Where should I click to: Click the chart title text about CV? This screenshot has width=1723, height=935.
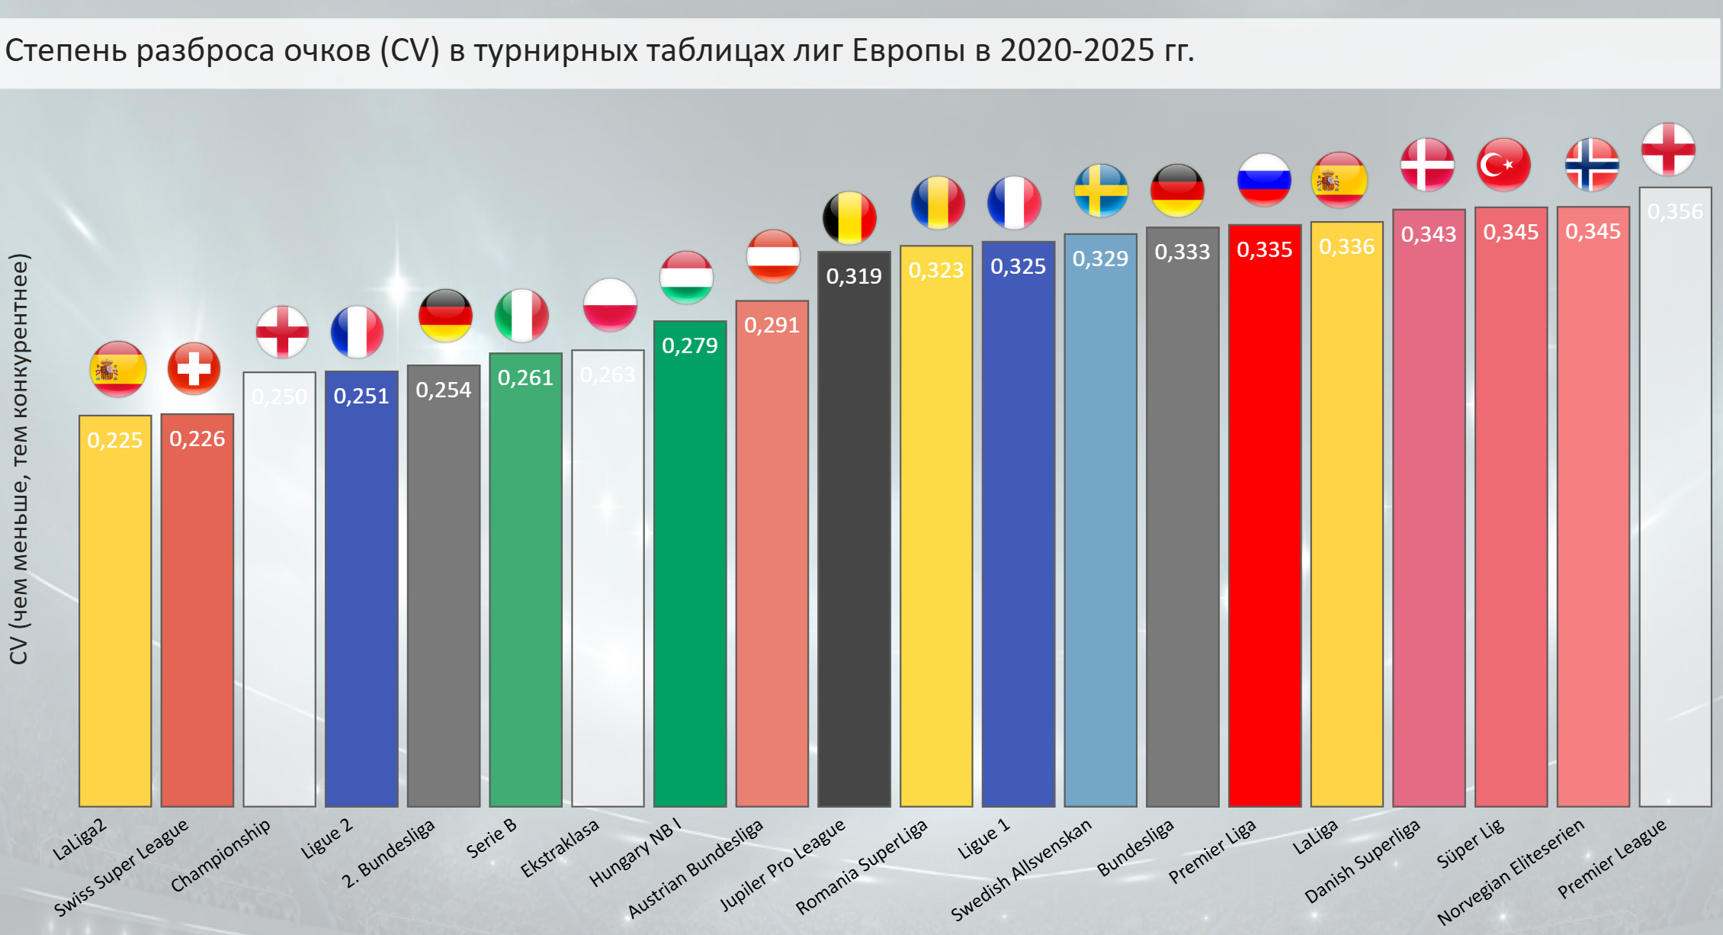click(599, 51)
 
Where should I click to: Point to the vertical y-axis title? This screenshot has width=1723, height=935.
click(18, 458)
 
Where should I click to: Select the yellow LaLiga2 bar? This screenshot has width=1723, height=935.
click(115, 610)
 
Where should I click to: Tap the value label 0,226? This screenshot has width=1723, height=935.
click(197, 439)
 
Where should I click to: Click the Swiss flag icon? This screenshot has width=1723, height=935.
click(194, 369)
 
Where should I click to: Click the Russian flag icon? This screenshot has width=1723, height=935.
click(1264, 180)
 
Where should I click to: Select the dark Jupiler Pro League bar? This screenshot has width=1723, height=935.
click(854, 534)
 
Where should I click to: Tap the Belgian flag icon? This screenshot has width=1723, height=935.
click(849, 217)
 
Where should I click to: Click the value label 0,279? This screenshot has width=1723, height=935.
click(689, 345)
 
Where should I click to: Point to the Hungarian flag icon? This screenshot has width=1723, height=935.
click(686, 277)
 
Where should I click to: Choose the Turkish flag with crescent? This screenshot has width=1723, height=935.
click(1503, 165)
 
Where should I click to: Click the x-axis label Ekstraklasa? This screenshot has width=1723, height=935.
click(560, 848)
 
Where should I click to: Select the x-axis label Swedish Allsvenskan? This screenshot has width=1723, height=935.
click(1022, 869)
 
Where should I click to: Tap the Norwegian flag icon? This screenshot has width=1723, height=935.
click(1592, 165)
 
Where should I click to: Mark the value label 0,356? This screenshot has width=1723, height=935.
click(1675, 211)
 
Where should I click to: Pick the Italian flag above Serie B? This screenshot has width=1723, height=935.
click(521, 315)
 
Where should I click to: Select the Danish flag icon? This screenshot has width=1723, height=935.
click(1427, 165)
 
